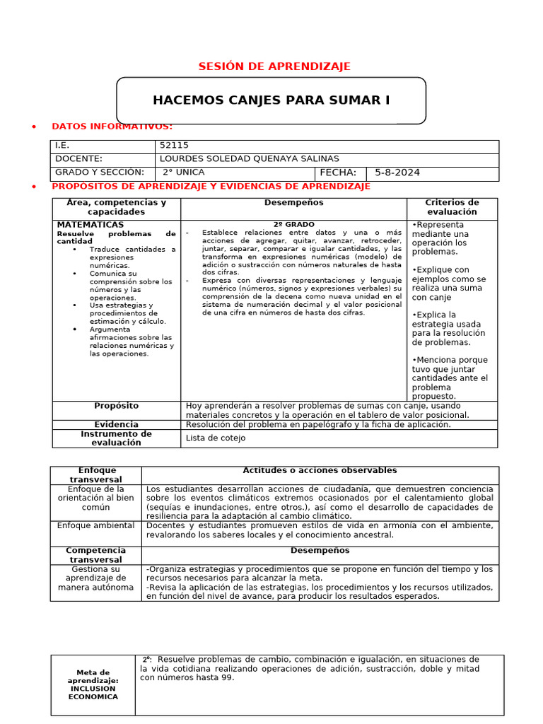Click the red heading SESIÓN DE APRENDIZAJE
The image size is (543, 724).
tap(274, 66)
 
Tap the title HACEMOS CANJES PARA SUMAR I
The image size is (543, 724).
tap(271, 100)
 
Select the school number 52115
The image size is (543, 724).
tap(175, 146)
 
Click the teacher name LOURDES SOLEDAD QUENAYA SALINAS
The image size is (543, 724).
tap(250, 159)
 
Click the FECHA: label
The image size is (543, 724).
tap(338, 173)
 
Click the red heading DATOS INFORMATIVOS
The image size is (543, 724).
tap(112, 127)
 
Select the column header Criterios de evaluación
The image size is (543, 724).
tap(452, 207)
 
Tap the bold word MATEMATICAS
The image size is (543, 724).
tap(90, 225)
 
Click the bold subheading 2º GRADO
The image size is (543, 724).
tap(293, 225)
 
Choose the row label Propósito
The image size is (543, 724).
tap(116, 406)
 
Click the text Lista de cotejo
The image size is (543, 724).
tap(216, 438)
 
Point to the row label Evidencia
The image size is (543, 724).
tap(116, 425)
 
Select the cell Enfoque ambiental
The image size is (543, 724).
tap(95, 526)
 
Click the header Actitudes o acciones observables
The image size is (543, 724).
tap(320, 471)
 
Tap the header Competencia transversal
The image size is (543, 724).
tap(95, 555)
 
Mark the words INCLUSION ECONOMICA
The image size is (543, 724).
tap(93, 693)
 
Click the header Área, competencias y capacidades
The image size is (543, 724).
tap(116, 207)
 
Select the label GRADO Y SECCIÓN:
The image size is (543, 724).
tap(100, 173)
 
